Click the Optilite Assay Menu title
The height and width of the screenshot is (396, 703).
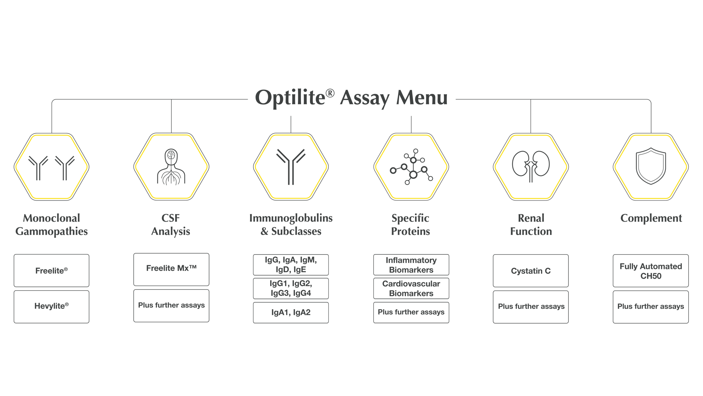(x=351, y=98)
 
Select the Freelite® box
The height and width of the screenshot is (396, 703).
(x=51, y=271)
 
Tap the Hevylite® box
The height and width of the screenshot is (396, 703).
(x=51, y=306)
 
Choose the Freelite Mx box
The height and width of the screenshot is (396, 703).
(x=171, y=269)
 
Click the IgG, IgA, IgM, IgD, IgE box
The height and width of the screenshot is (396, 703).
(x=291, y=265)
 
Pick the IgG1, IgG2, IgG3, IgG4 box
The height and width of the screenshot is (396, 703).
(x=291, y=288)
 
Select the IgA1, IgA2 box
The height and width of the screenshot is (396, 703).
(x=291, y=313)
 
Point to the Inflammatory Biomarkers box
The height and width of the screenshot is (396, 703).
(x=411, y=265)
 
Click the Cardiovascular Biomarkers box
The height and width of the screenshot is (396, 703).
(x=411, y=288)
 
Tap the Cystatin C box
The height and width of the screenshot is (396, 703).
(x=531, y=271)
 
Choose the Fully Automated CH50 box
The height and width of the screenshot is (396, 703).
(x=650, y=271)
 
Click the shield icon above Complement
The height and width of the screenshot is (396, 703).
(x=650, y=166)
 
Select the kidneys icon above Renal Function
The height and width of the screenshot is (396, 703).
(x=531, y=166)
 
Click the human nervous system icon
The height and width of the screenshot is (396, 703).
(x=171, y=167)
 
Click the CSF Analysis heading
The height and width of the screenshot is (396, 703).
(x=171, y=225)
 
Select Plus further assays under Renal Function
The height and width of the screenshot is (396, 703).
(x=531, y=306)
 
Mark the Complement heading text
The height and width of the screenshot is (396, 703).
(x=651, y=218)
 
